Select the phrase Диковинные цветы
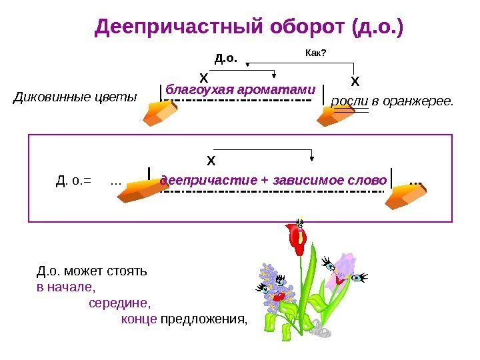pyautogui.click(x=75, y=98)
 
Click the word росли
pyautogui.click(x=346, y=101)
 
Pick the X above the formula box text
pyautogui.click(x=211, y=161)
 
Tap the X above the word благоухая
pyautogui.click(x=204, y=78)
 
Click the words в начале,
pyautogui.click(x=66, y=289)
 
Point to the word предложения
pyautogui.click(x=203, y=319)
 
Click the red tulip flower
pyautogui.click(x=296, y=238)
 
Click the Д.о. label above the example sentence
pyautogui.click(x=226, y=58)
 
